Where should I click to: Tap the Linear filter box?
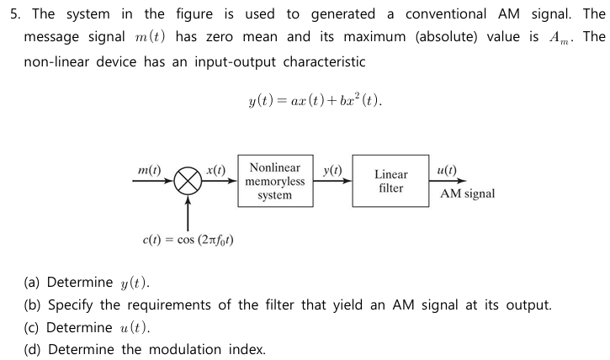point(390,181)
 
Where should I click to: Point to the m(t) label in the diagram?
point(149,171)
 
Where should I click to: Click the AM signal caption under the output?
point(467,193)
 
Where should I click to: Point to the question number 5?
point(14,14)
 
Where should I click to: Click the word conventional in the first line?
point(444,14)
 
